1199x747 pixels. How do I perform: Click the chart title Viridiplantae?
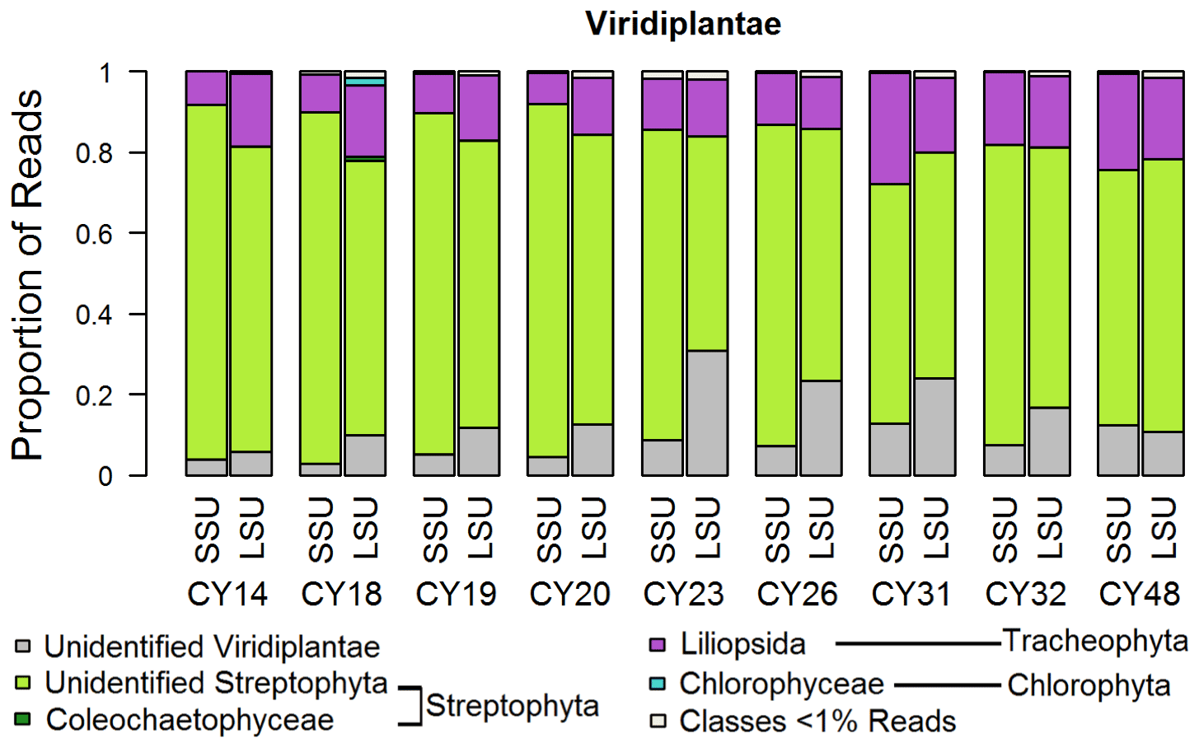click(x=683, y=23)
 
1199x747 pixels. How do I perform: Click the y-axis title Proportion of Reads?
click(x=27, y=274)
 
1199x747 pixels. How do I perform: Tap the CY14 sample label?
click(x=227, y=594)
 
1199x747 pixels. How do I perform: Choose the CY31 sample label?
click(x=911, y=594)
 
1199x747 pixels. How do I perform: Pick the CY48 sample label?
click(x=1140, y=594)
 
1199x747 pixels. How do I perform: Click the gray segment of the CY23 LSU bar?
click(x=707, y=413)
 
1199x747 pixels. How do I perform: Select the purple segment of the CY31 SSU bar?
click(x=890, y=128)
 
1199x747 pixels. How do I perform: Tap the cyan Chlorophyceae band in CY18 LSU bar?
click(x=365, y=82)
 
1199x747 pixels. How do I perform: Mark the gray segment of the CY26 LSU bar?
click(x=821, y=427)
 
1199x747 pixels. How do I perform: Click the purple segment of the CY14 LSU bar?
click(x=251, y=110)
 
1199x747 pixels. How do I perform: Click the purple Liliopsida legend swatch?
click(x=657, y=644)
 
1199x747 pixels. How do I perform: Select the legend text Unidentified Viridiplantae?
click(x=212, y=647)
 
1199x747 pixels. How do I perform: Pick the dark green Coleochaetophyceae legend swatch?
click(x=23, y=719)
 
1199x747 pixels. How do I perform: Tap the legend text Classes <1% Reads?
click(x=817, y=721)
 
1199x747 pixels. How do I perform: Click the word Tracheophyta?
click(x=1095, y=641)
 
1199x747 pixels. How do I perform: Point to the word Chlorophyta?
click(x=1088, y=685)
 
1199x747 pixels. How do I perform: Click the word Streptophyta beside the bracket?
click(x=512, y=706)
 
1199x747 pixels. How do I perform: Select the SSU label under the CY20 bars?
click(x=549, y=530)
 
